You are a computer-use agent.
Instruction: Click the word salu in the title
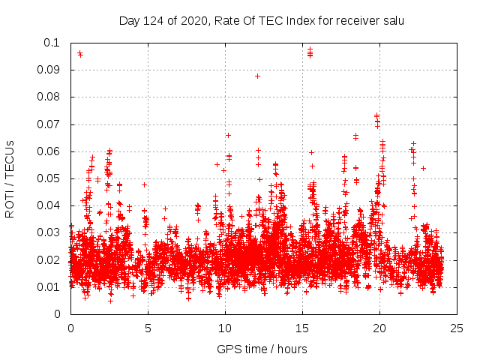392,20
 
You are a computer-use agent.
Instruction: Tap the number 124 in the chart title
152,20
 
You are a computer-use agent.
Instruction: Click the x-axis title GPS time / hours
262,349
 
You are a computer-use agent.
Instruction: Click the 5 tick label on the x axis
148,328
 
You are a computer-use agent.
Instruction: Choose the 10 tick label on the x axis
225,328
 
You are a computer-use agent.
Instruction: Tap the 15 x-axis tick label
302,328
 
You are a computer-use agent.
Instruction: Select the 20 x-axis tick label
379,328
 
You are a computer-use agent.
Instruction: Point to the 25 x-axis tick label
457,328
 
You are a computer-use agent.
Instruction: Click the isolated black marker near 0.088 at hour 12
257,76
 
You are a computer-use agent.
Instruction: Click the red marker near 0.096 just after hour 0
79,53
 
